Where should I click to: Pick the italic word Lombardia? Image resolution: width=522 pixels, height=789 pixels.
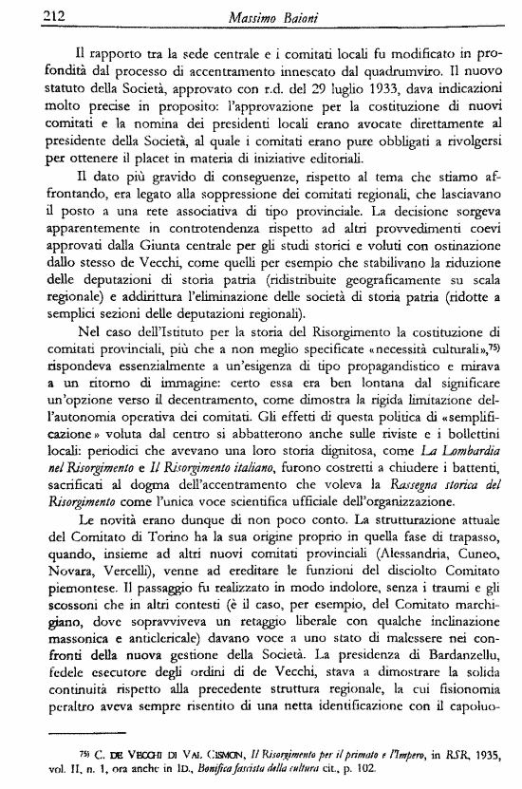tap(457, 446)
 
